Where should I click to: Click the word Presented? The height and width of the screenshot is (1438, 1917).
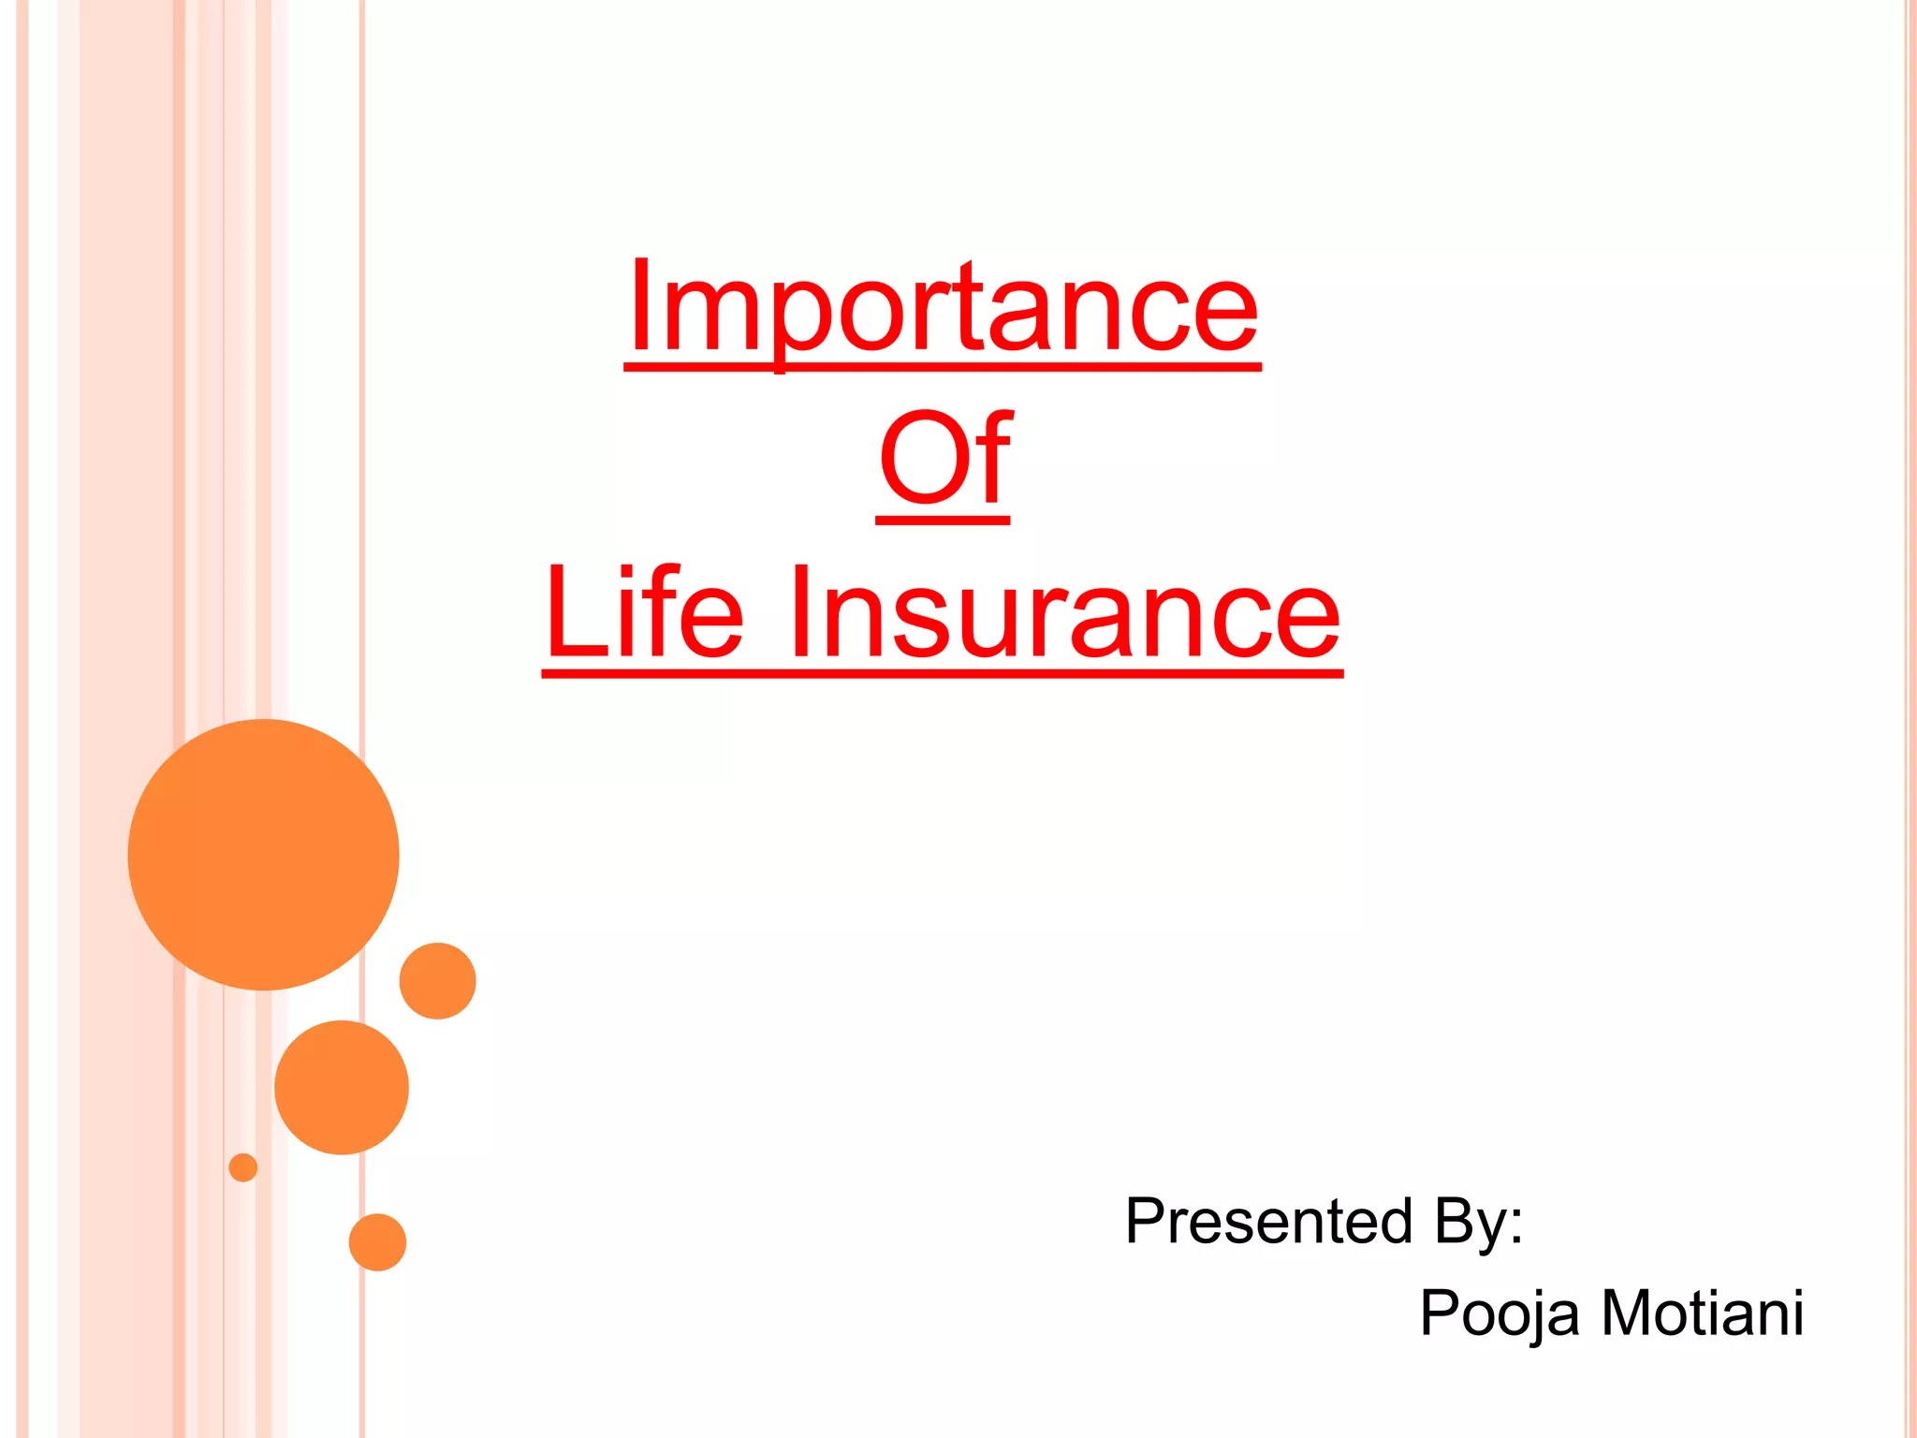tap(1268, 1221)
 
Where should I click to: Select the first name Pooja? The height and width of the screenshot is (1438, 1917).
tap(1500, 1313)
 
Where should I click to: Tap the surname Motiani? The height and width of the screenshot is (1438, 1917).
tap(1703, 1313)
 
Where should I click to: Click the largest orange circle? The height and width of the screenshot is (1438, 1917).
tap(264, 854)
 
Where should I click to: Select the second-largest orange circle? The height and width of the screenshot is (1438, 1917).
tap(342, 1087)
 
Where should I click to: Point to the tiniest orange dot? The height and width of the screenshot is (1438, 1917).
tap(243, 1167)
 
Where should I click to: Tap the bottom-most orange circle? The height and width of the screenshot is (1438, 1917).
tap(377, 1242)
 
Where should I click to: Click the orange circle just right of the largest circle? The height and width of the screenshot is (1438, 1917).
tap(437, 980)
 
